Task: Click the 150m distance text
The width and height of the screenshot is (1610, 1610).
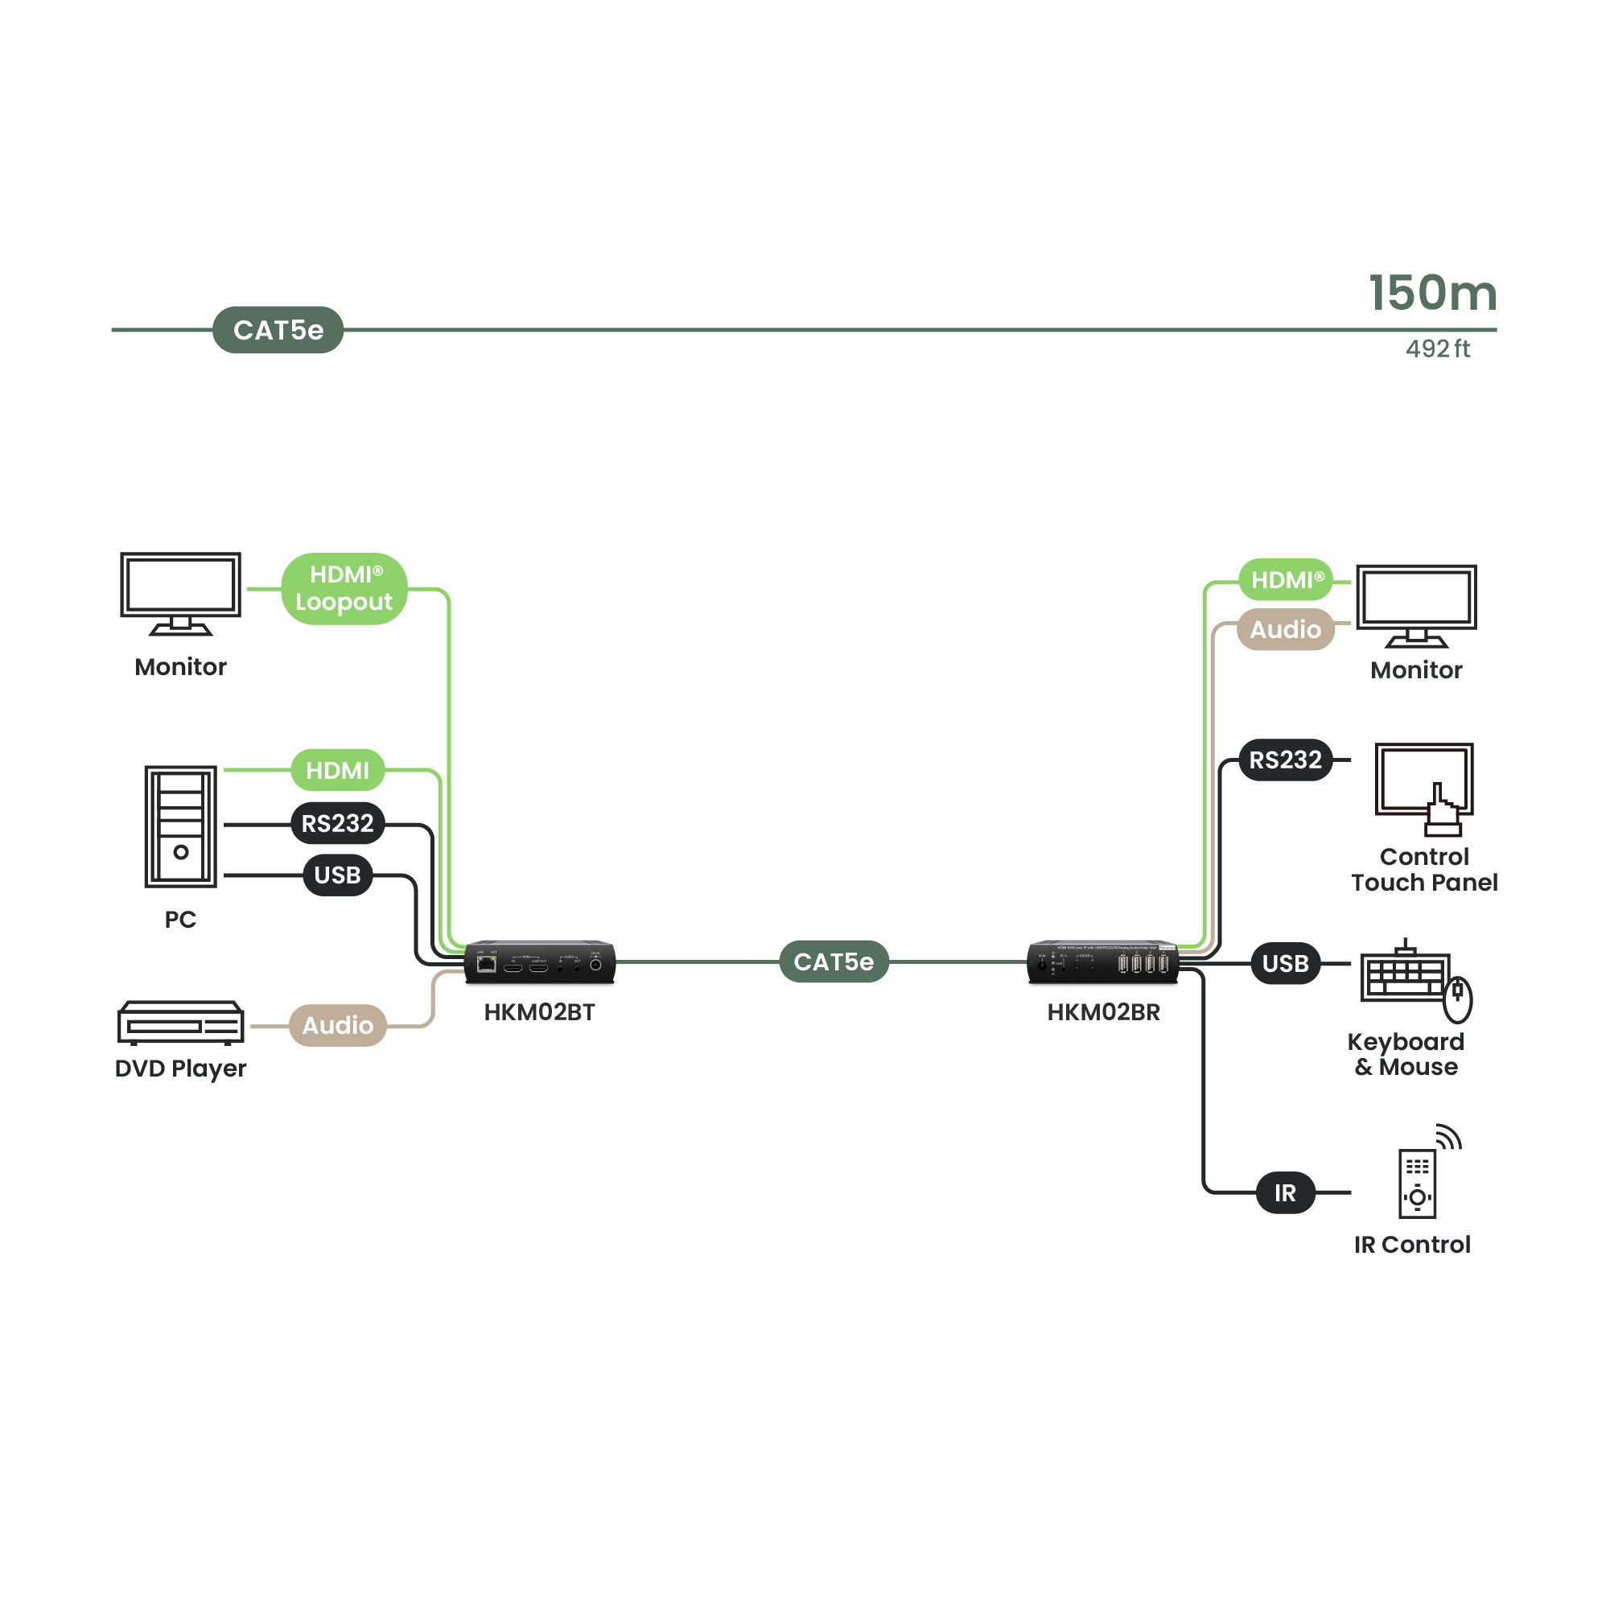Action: (x=1431, y=294)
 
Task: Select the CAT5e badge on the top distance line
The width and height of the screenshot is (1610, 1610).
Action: (x=278, y=330)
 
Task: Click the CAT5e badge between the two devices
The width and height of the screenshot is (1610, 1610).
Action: (x=834, y=961)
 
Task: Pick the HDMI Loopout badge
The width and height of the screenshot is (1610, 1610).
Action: (x=344, y=588)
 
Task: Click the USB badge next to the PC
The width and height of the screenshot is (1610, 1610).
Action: (x=337, y=875)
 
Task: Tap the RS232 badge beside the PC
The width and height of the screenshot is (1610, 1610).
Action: (x=337, y=823)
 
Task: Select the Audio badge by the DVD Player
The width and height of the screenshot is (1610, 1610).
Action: (x=337, y=1025)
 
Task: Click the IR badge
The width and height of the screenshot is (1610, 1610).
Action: (x=1285, y=1192)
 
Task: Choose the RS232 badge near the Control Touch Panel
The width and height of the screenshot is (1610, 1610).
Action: (x=1285, y=760)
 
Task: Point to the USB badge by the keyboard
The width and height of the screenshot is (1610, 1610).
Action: (x=1285, y=963)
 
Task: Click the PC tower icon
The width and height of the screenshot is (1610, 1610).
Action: (x=181, y=826)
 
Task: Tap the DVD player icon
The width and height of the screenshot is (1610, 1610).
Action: (x=181, y=1023)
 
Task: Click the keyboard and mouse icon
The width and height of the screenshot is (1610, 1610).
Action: (x=1415, y=982)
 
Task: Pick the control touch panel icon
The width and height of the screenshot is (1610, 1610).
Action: (x=1423, y=789)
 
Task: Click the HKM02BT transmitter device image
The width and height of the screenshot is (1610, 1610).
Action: (x=540, y=962)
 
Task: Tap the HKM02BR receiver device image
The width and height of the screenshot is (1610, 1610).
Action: (x=1102, y=962)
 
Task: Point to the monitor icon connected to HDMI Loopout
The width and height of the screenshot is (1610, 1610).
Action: (x=181, y=593)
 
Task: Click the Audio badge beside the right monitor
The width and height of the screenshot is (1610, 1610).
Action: (x=1285, y=629)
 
